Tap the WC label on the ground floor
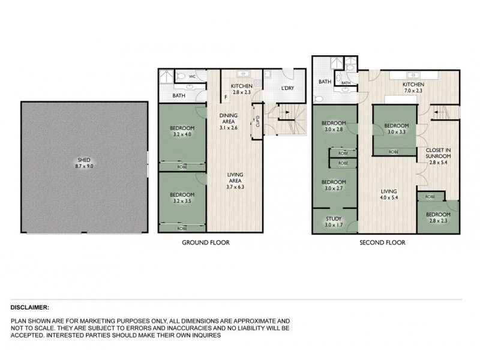193,77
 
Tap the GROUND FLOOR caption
206,243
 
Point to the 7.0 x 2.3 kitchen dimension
413,91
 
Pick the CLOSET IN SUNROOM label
438,155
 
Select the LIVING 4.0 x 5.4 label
389,196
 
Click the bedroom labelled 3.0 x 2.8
334,130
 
